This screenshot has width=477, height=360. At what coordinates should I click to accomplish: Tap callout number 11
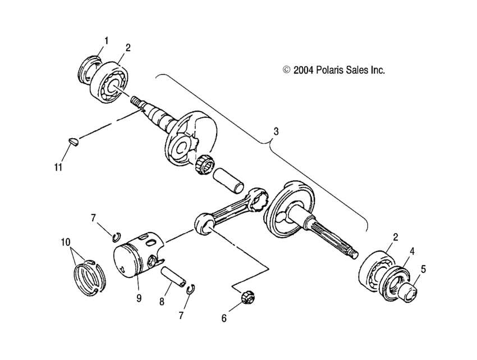point(57,166)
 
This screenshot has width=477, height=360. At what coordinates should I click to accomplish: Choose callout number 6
point(224,318)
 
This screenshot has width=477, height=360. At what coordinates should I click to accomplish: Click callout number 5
point(423,268)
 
